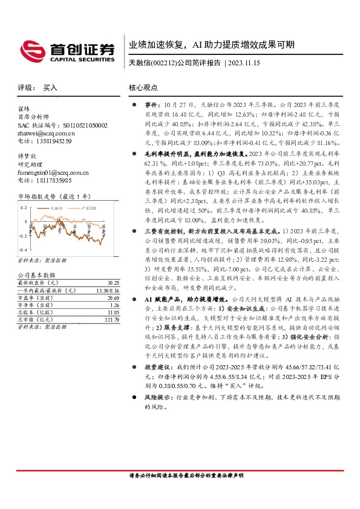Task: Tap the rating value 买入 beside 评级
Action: (x=50, y=88)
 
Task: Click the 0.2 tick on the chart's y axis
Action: (x=24, y=207)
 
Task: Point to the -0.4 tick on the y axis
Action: (x=23, y=249)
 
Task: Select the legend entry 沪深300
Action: (x=89, y=207)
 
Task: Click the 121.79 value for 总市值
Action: (x=111, y=320)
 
